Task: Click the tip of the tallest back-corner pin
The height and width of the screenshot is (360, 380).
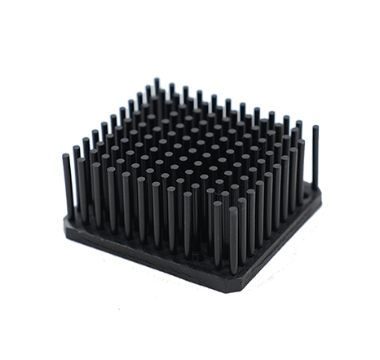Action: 157,81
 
